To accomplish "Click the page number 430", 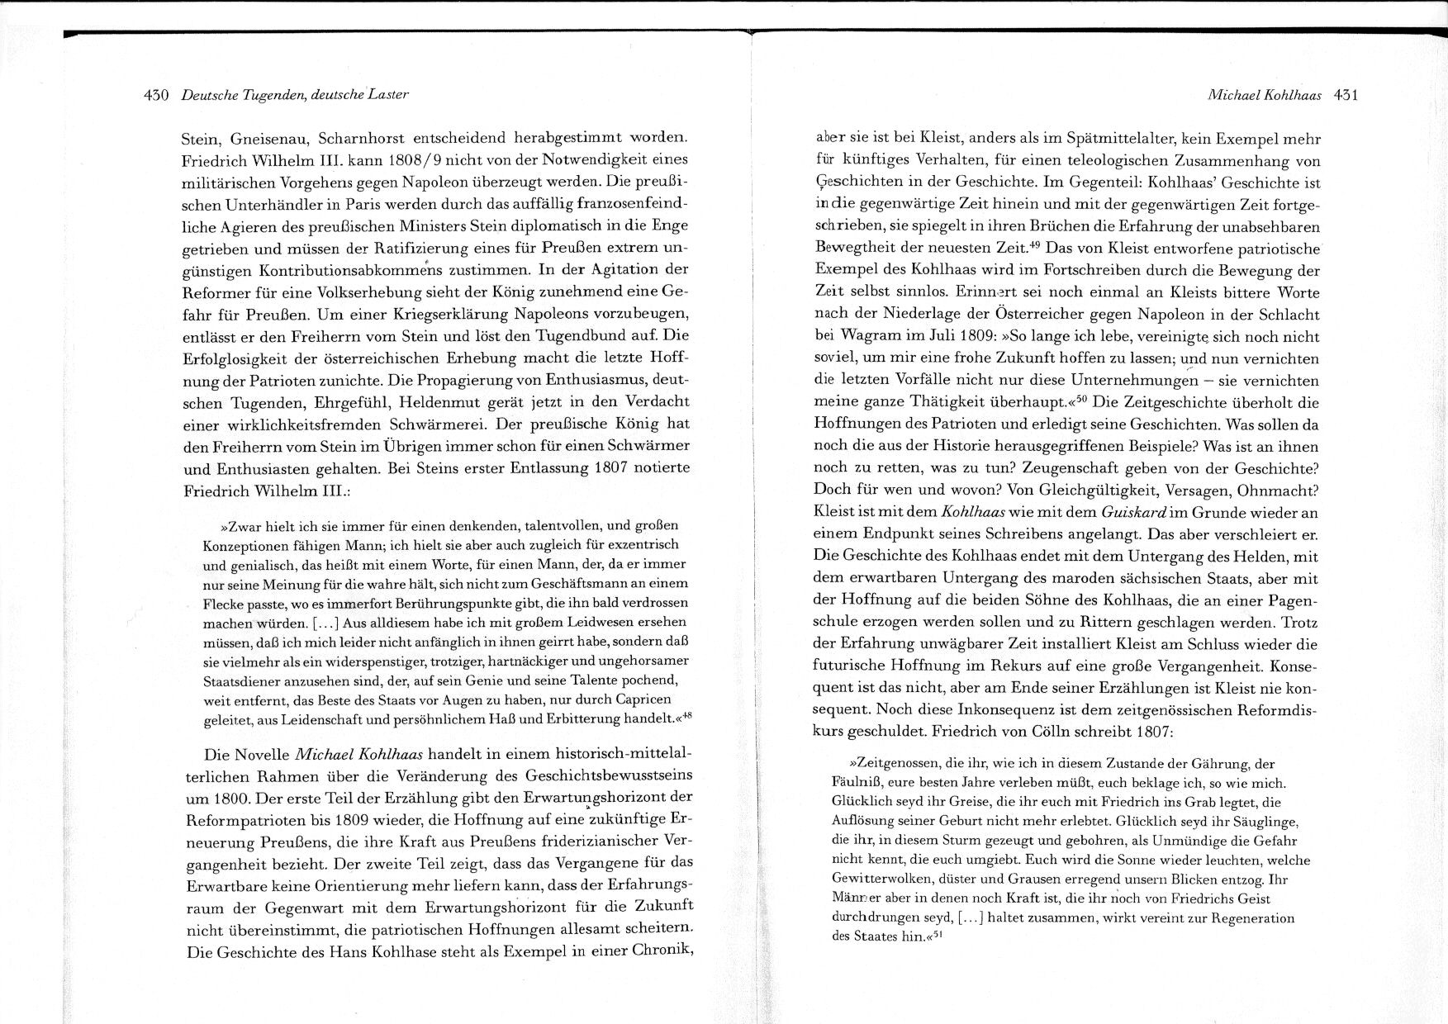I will tap(156, 95).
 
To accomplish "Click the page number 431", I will tap(1346, 95).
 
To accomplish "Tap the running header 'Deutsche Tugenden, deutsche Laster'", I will tap(295, 95).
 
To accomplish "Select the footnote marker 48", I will tap(686, 716).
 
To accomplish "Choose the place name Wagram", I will tap(871, 337).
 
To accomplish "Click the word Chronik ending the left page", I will tap(662, 951).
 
